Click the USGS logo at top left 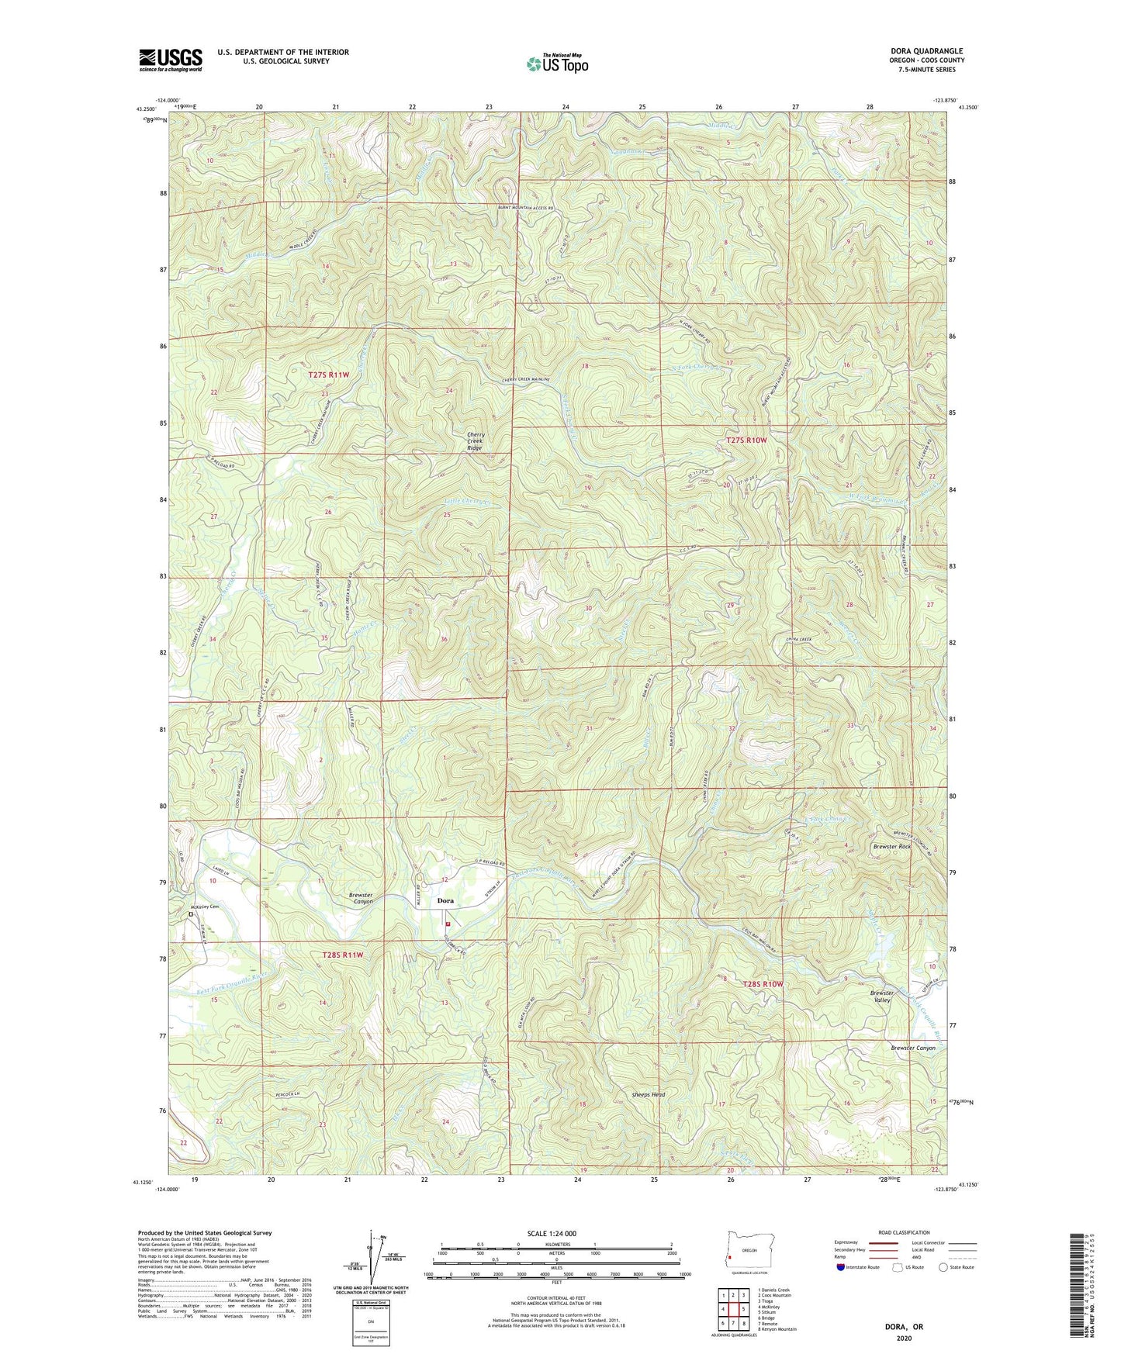171,60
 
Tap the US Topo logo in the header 557,64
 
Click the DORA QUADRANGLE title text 927,51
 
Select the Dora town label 445,900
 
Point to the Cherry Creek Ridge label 474,441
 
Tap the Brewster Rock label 891,846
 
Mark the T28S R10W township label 763,983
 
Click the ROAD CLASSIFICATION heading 904,1232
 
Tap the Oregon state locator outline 749,1253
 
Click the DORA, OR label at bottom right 904,1327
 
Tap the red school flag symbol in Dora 448,924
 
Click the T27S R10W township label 746,440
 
